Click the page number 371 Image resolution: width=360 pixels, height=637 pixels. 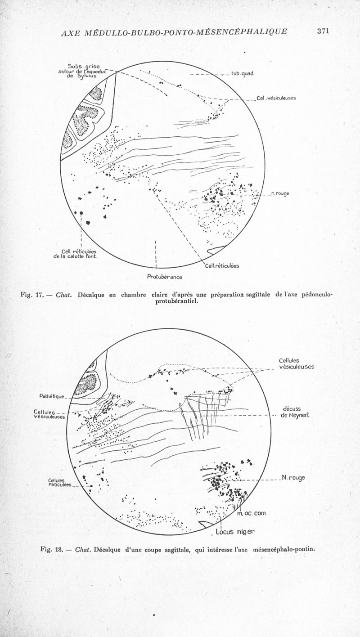(324, 31)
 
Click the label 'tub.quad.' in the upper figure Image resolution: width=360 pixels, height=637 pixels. (243, 74)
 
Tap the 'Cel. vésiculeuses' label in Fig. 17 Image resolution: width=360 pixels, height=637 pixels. (276, 99)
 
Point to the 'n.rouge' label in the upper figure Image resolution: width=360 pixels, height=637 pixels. (280, 194)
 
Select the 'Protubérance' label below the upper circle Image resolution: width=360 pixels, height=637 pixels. (164, 277)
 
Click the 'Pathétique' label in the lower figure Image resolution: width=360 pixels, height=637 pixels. (52, 396)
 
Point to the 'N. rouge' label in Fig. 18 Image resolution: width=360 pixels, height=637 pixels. (293, 477)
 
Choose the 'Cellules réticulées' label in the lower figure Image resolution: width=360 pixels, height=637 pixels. (61, 482)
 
